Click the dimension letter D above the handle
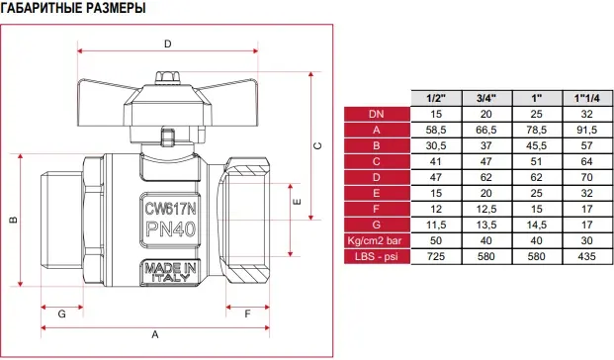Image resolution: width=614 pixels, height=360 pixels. point(168,44)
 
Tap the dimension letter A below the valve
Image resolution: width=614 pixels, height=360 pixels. point(155,335)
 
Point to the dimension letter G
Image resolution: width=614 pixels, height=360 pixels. point(62,314)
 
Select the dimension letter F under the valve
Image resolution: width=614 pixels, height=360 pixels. point(247,314)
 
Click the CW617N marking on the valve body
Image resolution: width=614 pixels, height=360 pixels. point(170,209)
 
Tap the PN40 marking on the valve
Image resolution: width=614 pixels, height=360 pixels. point(170,228)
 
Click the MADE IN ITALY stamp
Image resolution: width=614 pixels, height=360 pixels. point(170,273)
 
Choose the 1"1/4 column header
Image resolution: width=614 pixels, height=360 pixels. point(586,98)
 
